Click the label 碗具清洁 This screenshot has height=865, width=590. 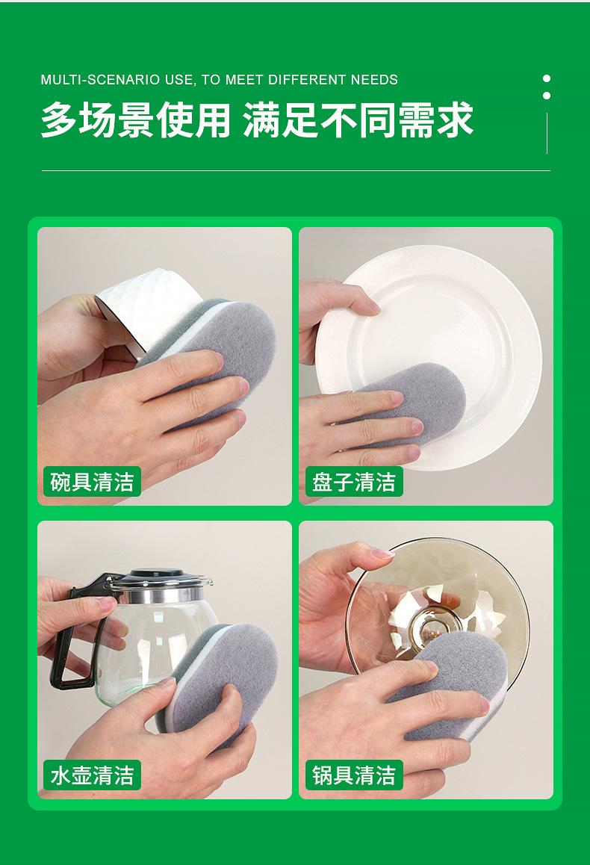pos(92,482)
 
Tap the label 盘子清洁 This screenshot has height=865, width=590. pos(354,482)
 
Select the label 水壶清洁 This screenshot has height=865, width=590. pos(92,775)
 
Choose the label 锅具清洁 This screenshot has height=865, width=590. pos(354,775)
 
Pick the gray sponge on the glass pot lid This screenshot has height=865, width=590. pos(458,684)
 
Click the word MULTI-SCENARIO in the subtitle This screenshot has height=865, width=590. pos(117,80)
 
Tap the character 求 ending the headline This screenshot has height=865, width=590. pos(456,120)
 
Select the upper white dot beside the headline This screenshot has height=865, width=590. pos(547,79)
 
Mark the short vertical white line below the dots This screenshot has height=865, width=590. pos(547,133)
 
